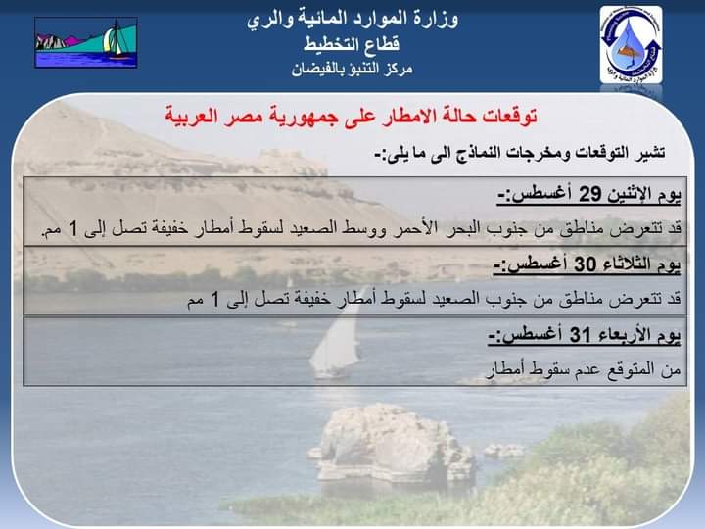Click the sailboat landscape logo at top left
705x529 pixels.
pyautogui.click(x=86, y=43)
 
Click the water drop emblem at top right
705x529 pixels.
pyautogui.click(x=631, y=44)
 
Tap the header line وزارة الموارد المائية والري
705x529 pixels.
pyautogui.click(x=352, y=20)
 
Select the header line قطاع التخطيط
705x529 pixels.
pyautogui.click(x=352, y=44)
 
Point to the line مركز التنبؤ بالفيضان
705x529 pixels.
pyautogui.click(x=352, y=69)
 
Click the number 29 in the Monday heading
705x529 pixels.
pyautogui.click(x=589, y=194)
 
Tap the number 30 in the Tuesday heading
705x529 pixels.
pyautogui.click(x=585, y=264)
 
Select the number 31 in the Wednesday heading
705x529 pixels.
pyautogui.click(x=581, y=335)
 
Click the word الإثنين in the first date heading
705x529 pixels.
pyautogui.click(x=632, y=194)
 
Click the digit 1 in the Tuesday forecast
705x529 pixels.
pyautogui.click(x=214, y=299)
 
